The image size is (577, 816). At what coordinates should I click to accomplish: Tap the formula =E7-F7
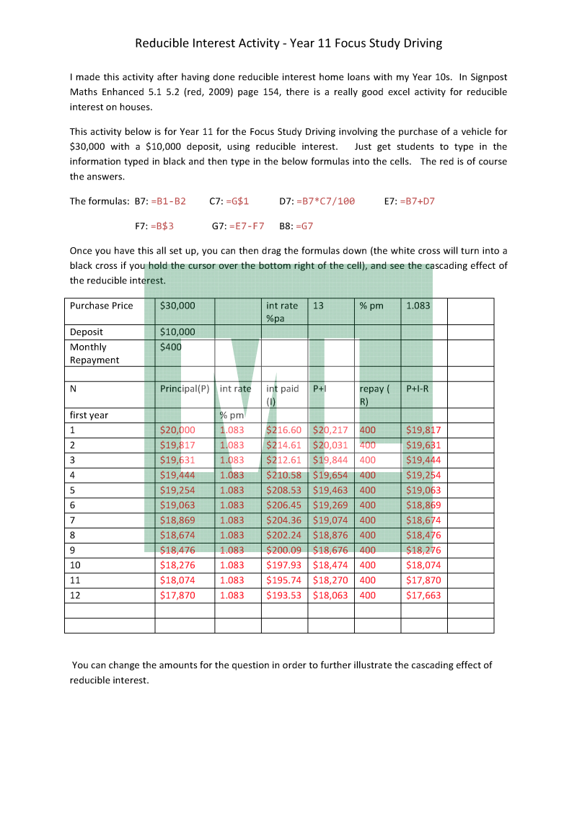point(247,226)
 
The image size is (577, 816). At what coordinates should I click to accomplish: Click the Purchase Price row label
point(101,306)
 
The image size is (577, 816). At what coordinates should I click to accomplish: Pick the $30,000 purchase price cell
point(177,306)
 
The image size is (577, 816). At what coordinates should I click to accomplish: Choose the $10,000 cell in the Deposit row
point(177,332)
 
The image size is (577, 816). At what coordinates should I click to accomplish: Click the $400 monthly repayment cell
point(171,347)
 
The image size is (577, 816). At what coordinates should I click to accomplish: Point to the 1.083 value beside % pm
point(418,306)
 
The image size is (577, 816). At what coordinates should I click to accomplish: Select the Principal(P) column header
point(185,389)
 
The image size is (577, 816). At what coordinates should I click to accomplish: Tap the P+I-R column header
point(418,389)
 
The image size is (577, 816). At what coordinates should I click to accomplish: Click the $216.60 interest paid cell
point(283,430)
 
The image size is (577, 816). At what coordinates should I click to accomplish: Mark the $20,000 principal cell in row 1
point(177,430)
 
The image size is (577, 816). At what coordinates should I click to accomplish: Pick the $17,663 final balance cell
point(423,595)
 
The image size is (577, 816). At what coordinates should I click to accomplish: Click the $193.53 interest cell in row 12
point(283,595)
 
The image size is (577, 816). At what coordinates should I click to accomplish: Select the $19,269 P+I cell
point(330,505)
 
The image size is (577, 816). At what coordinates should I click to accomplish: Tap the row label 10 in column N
point(74,565)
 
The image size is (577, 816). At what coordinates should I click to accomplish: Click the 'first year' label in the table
point(89,415)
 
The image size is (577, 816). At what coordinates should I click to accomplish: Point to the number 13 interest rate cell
point(318,306)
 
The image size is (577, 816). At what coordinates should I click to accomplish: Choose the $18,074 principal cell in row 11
point(177,580)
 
